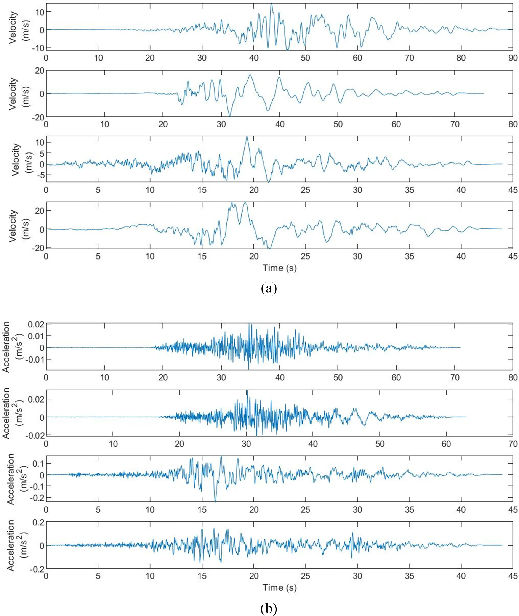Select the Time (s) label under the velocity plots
[280, 268]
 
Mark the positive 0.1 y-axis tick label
[37, 463]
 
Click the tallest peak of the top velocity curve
[271, 4]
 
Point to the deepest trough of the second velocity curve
[230, 116]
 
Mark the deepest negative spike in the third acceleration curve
[215, 502]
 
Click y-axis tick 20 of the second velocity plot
[38, 70]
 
